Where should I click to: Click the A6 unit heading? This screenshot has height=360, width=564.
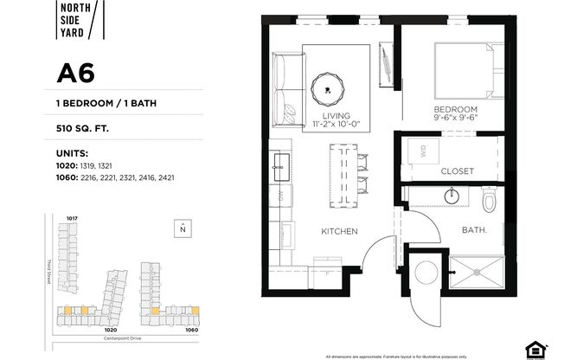point(75,74)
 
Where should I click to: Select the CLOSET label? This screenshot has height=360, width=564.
point(457,171)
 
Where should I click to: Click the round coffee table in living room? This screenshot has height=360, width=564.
point(327,85)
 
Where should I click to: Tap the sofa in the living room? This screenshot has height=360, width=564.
point(284,90)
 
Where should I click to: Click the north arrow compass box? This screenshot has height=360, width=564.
point(182,228)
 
